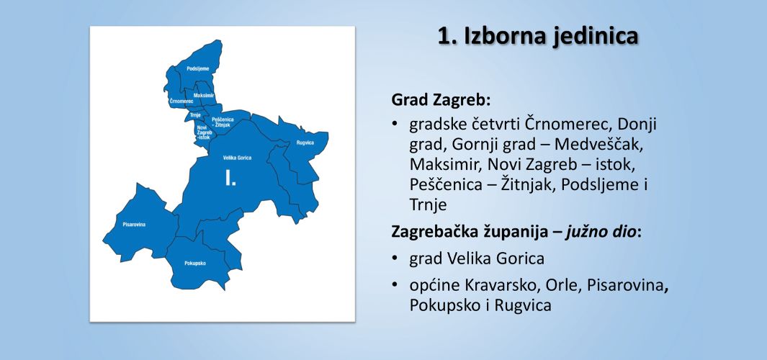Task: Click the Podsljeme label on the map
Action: click(197, 69)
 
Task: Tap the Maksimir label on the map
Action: click(204, 95)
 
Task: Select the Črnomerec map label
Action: click(181, 101)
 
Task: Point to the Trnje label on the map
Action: click(196, 115)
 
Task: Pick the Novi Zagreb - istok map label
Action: click(204, 132)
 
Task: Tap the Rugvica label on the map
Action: click(305, 143)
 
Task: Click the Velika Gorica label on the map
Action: click(237, 158)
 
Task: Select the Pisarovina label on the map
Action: click(134, 225)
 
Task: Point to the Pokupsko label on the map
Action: click(195, 263)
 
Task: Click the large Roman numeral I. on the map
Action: click(230, 178)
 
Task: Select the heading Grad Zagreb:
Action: click(441, 100)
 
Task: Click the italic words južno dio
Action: click(602, 232)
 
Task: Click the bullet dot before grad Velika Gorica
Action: click(394, 258)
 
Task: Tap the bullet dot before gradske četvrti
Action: click(394, 124)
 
